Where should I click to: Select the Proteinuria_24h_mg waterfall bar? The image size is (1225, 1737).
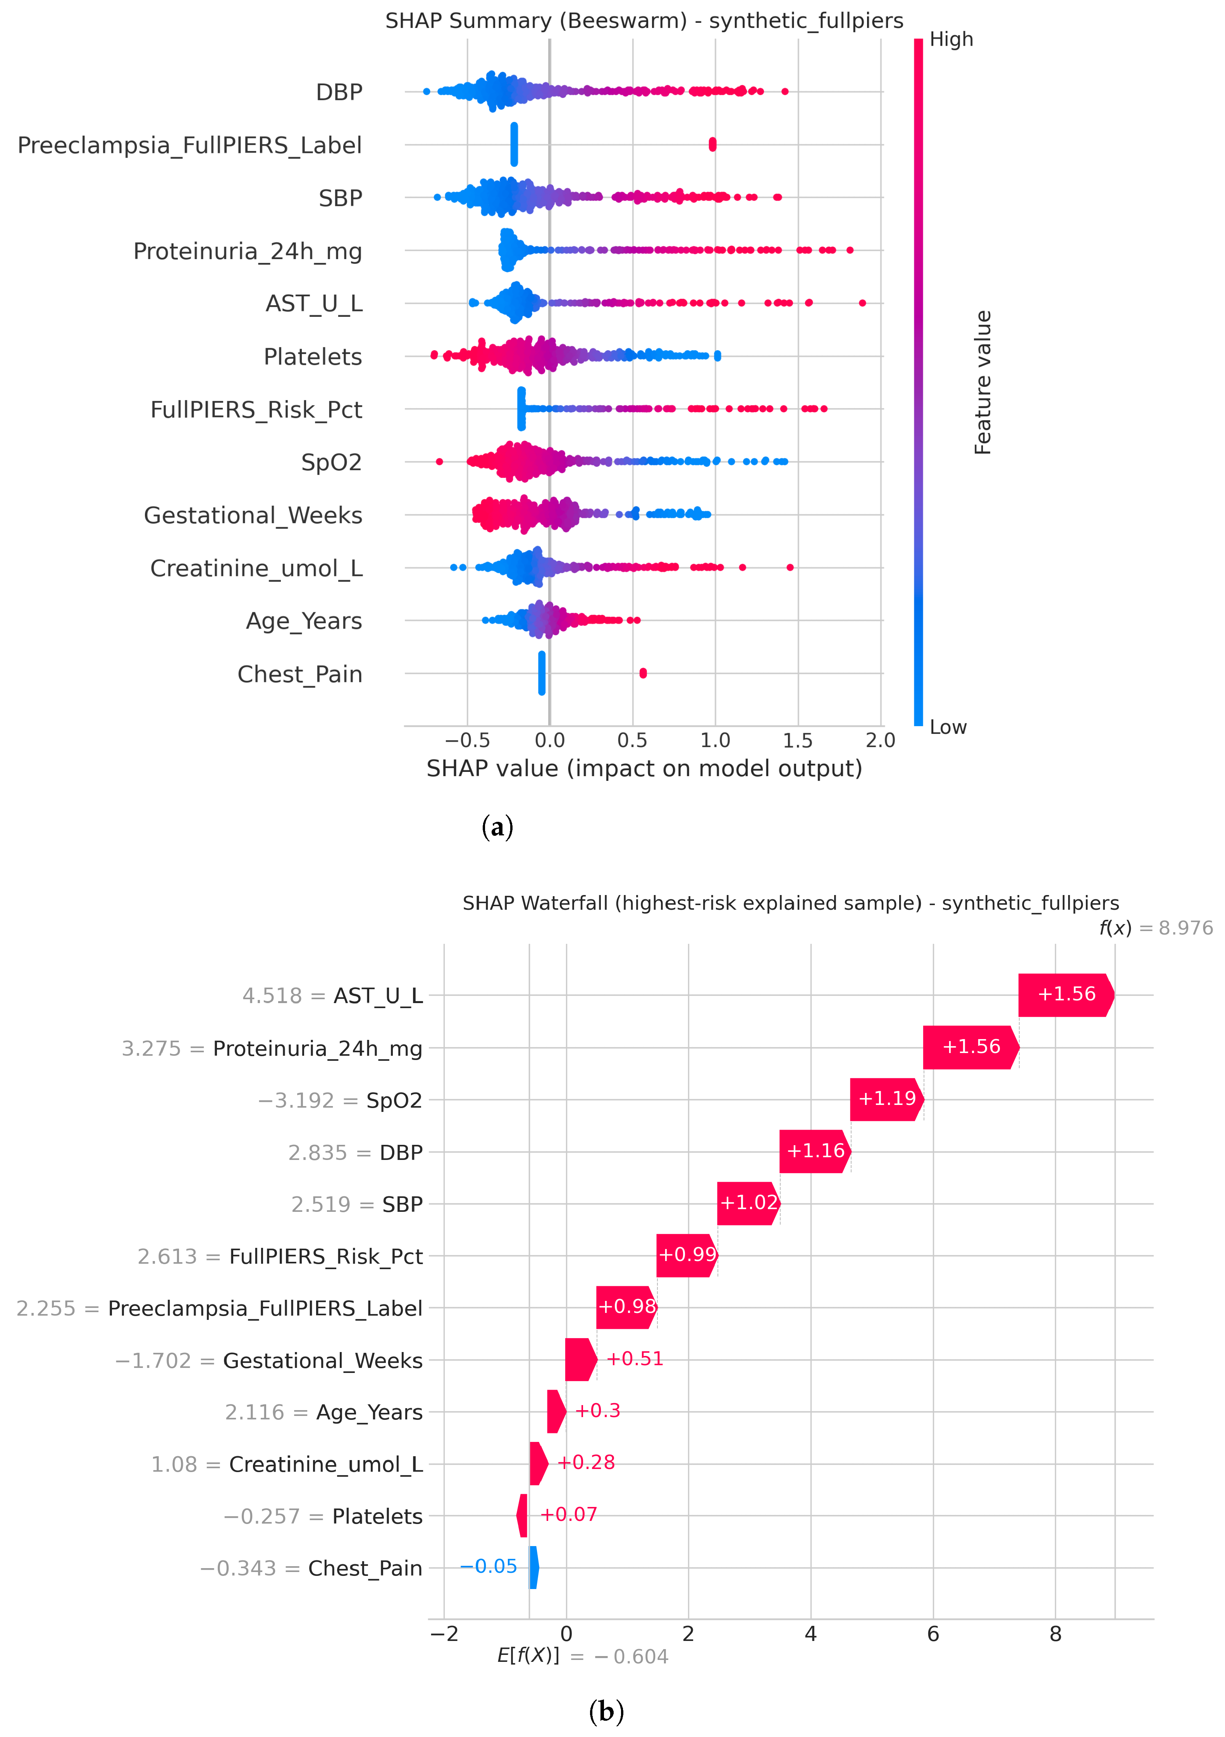pyautogui.click(x=971, y=1047)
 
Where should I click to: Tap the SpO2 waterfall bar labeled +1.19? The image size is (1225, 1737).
pyautogui.click(x=887, y=1099)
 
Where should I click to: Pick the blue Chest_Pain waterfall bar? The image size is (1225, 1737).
pyautogui.click(x=533, y=1567)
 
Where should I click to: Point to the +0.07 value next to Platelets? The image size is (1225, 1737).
pyautogui.click(x=568, y=1515)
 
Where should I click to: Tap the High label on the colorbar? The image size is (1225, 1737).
pyautogui.click(x=951, y=40)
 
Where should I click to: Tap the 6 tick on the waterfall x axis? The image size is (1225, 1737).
pyautogui.click(x=933, y=1634)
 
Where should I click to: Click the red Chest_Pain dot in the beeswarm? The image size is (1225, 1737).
pyautogui.click(x=643, y=673)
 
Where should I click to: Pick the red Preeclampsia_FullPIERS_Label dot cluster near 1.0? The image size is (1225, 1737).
pyautogui.click(x=712, y=144)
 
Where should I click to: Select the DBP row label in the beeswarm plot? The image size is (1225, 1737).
pyautogui.click(x=339, y=92)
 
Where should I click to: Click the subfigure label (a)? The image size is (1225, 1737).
pyautogui.click(x=497, y=827)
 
